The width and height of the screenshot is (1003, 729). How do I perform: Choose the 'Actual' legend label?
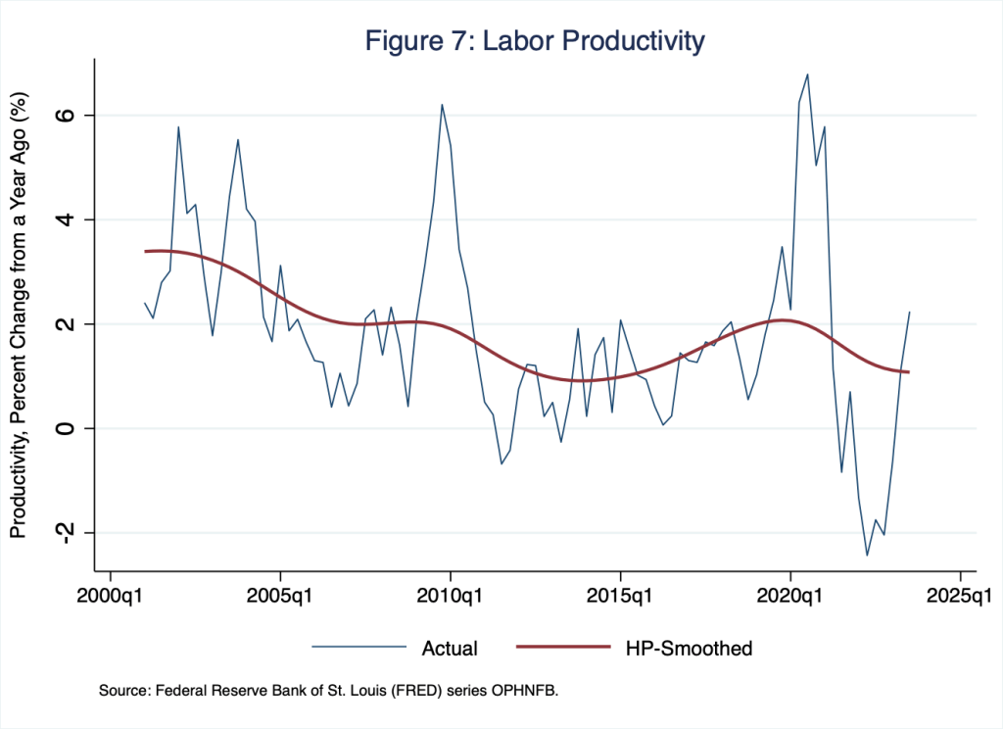click(450, 648)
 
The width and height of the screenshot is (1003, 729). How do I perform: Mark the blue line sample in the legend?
click(358, 648)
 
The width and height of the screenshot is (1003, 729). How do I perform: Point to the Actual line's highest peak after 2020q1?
click(807, 74)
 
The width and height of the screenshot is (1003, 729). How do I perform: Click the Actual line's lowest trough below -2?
click(867, 556)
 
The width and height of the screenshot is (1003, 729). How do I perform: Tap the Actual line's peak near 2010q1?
click(442, 105)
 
